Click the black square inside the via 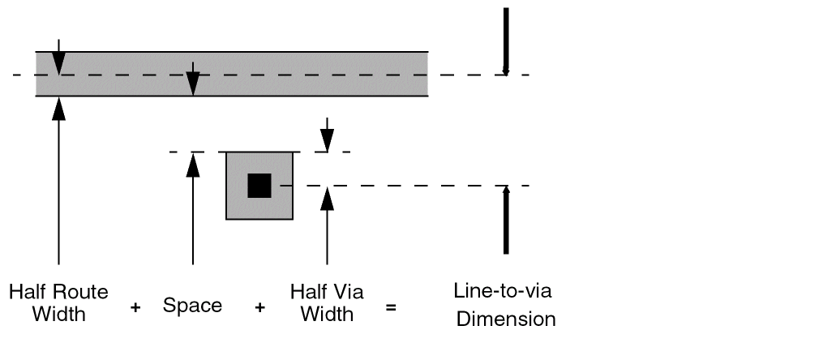pos(259,186)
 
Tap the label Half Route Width pos(58,302)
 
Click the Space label pos(192,306)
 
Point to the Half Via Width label pos(327,302)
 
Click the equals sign pos(391,308)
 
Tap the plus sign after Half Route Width pos(135,308)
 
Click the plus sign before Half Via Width pos(259,308)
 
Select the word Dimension pos(506,319)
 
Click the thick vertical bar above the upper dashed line pos(505,41)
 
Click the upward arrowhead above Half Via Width pos(327,198)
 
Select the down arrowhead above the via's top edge pos(327,140)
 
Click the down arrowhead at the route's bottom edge pos(192,84)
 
